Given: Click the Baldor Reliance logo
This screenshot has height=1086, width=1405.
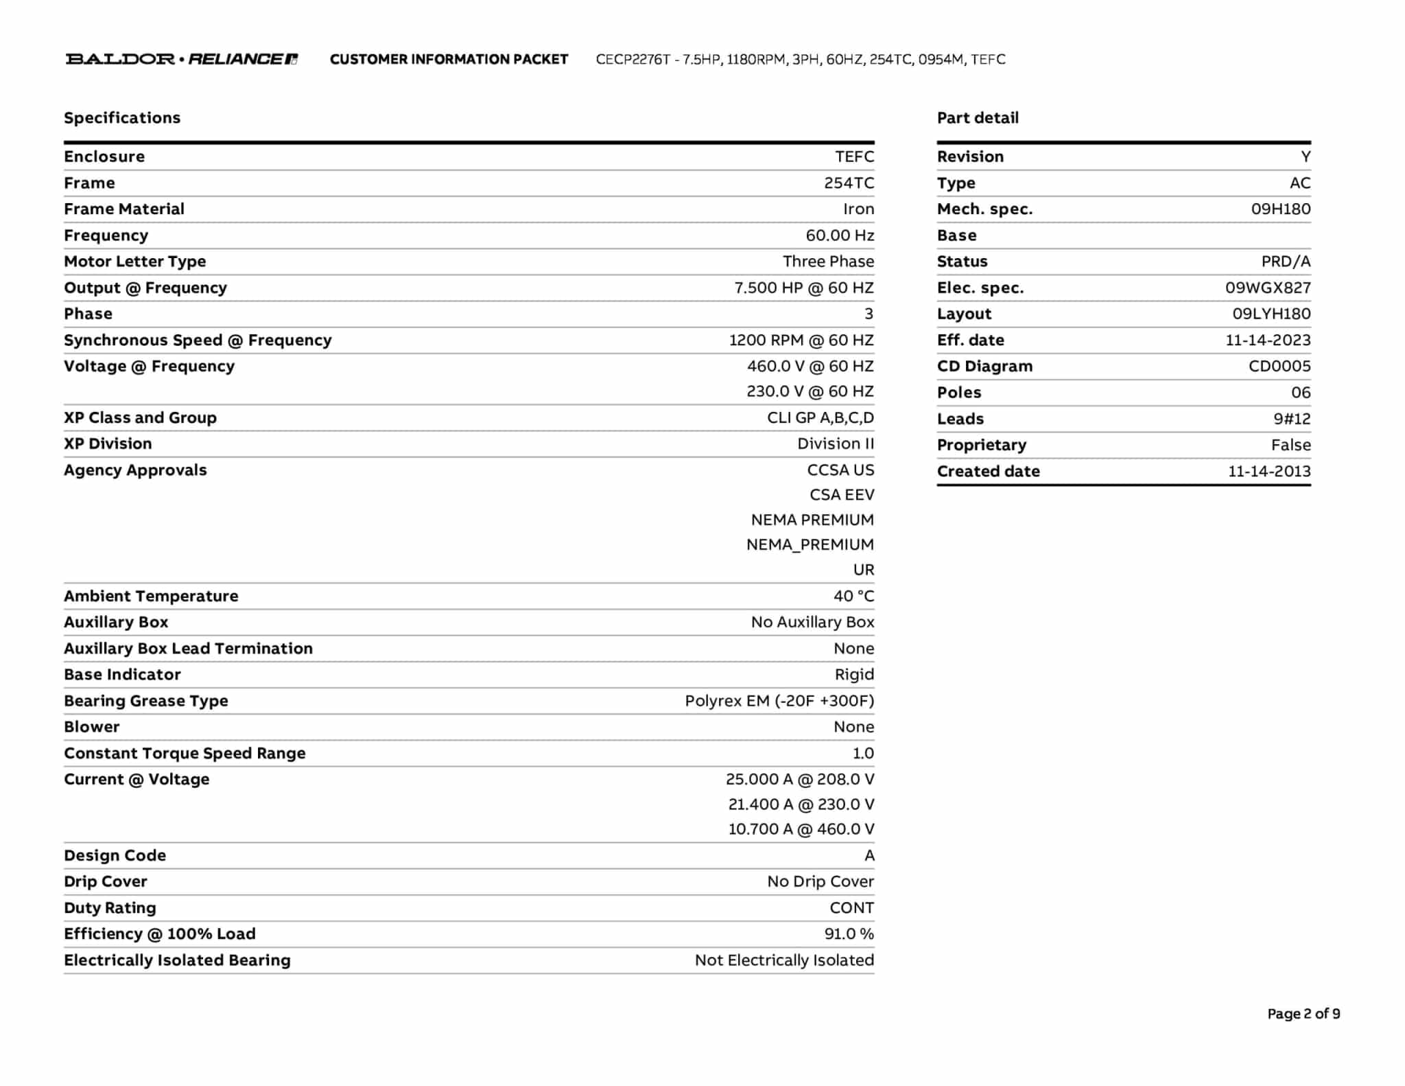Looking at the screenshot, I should pos(182,59).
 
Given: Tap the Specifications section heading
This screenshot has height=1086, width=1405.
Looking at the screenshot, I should pos(122,118).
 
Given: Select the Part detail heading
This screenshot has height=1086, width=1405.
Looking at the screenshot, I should pos(978,118).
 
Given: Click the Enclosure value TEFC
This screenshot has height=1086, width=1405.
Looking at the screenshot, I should pos(854,157).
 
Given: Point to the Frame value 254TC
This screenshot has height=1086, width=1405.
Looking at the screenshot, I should pos(849,183).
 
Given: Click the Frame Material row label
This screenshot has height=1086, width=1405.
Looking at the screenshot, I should pos(124,209).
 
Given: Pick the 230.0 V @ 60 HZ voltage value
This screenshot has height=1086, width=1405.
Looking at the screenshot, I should pos(810,391).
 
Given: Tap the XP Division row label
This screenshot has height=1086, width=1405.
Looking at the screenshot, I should pos(108,444).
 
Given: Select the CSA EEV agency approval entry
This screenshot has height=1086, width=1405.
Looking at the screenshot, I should pos(842,495).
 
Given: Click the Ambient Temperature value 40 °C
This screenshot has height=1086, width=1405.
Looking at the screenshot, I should pos(853,596).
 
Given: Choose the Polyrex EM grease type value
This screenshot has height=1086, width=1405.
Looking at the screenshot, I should pos(779,701).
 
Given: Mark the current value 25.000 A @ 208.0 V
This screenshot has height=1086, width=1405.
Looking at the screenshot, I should pos(800,779).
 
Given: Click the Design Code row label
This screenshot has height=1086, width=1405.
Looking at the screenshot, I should pos(115,855).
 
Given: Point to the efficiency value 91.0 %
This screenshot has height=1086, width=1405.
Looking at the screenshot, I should pos(849,934).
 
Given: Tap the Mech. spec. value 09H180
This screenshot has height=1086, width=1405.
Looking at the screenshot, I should pos(1280,209).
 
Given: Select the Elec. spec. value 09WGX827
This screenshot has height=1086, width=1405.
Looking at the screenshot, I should pos(1268,288).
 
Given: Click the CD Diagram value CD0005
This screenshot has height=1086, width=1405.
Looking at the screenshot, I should pos(1279,367).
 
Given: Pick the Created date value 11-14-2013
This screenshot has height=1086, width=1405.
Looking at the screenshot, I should pos(1269,472).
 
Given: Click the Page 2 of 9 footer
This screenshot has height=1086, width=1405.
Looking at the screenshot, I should pos(1303,1014).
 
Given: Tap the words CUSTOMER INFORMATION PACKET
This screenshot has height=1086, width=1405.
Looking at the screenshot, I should pos(449,60).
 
